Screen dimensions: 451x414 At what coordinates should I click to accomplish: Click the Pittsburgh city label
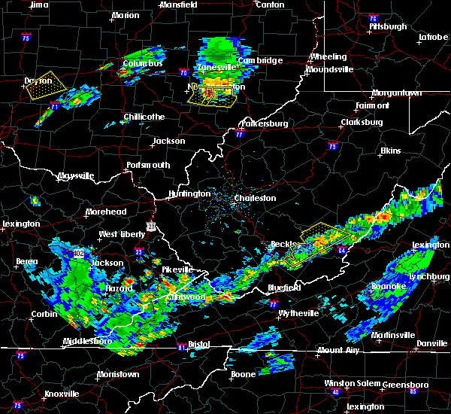click(387, 26)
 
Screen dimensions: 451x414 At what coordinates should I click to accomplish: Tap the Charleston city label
click(255, 199)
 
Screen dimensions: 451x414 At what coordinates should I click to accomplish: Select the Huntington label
click(189, 193)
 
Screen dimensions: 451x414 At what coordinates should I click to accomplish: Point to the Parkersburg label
click(264, 123)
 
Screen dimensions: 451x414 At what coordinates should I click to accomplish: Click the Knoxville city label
click(61, 394)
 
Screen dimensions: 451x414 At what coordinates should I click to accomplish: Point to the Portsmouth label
click(148, 165)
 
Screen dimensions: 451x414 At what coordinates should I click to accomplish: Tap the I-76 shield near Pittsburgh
click(374, 17)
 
